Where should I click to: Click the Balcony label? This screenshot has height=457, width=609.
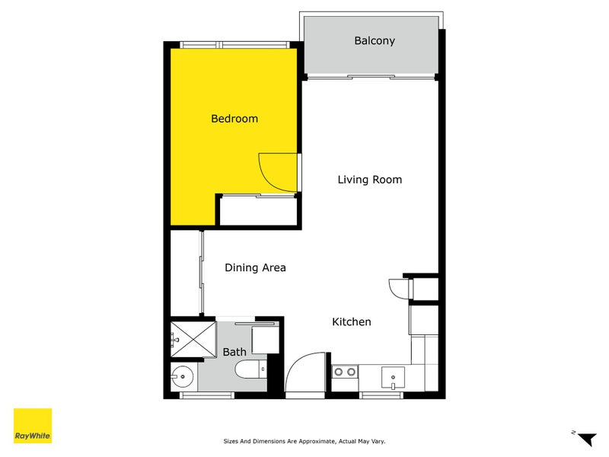tap(375, 40)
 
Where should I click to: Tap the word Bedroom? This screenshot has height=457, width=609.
tap(234, 119)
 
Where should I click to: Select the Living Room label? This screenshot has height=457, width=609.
tap(370, 180)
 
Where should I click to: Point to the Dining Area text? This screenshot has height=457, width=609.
tap(255, 267)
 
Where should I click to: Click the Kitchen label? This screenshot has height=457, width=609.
tap(352, 322)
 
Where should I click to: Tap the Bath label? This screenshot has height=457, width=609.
tap(234, 352)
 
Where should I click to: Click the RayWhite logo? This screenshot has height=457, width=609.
tap(33, 426)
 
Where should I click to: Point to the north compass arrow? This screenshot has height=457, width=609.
tap(585, 438)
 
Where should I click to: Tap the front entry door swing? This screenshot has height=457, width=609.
tap(306, 372)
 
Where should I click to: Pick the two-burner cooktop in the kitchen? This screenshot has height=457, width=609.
tap(345, 372)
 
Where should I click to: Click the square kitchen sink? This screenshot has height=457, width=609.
tap(393, 376)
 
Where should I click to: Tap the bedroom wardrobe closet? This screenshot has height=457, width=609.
tap(257, 210)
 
